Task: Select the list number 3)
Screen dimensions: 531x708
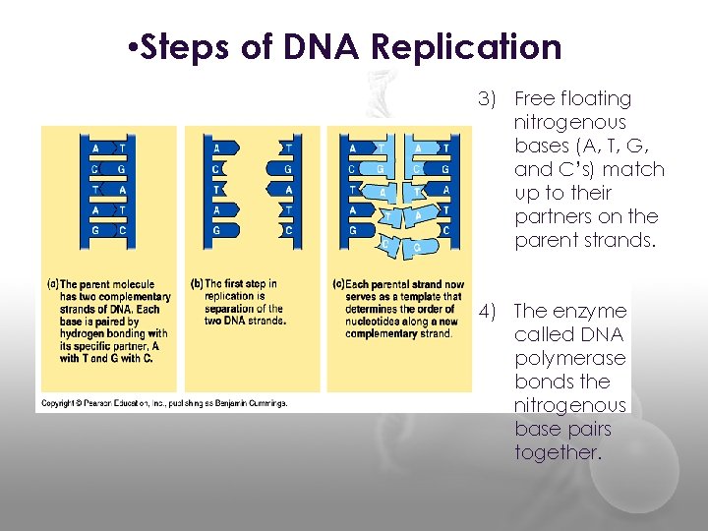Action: click(x=490, y=98)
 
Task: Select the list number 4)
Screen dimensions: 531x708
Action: click(x=490, y=311)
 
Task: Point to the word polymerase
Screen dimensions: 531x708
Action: click(x=569, y=358)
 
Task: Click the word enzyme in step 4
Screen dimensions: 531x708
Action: click(x=591, y=311)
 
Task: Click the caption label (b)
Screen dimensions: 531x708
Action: click(x=196, y=285)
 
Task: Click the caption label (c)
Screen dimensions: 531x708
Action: click(x=338, y=285)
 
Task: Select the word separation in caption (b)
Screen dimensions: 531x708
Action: click(x=227, y=309)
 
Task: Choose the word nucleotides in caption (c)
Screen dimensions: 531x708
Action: click(x=373, y=322)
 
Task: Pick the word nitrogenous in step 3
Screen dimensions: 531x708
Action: click(x=569, y=122)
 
